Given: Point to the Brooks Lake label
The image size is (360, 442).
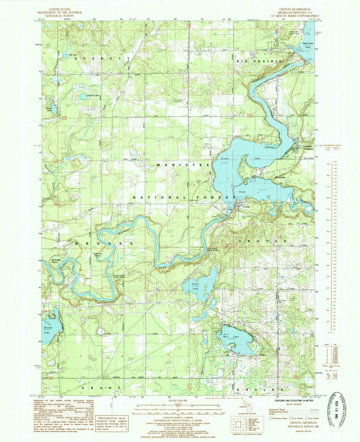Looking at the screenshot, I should click(x=48, y=330).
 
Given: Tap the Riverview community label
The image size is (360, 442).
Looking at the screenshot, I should click(x=281, y=178).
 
